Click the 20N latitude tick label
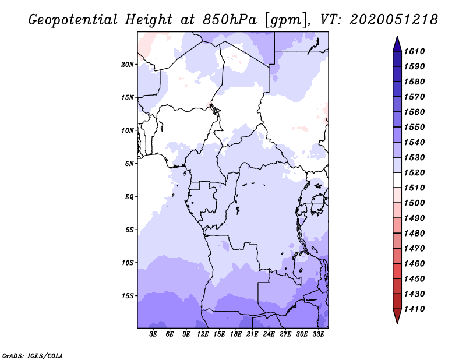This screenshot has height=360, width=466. click(128, 64)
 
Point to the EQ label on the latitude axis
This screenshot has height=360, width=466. click(129, 197)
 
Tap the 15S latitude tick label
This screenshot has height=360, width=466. click(128, 296)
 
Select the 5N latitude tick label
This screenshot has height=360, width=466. click(129, 164)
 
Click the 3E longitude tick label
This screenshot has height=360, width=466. click(153, 334)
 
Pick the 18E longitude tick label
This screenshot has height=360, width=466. click(236, 334)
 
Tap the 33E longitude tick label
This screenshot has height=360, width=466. click(318, 334)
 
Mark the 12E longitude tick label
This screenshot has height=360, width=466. click(203, 334)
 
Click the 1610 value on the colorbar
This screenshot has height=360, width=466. click(414, 51)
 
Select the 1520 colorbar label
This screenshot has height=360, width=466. click(414, 172)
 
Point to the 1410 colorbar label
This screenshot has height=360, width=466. click(414, 309)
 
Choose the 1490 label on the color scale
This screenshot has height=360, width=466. click(414, 218)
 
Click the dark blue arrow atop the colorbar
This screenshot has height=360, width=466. click(397, 45)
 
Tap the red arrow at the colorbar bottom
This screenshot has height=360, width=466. click(397, 315)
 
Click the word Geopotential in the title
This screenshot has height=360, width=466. click(73, 20)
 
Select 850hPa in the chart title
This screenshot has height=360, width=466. click(230, 20)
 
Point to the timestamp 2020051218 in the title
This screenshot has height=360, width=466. click(394, 20)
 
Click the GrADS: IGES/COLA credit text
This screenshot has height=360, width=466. click(33, 355)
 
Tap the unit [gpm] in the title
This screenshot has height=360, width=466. click(286, 20)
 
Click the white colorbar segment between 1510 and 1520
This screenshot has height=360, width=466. click(397, 180)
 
